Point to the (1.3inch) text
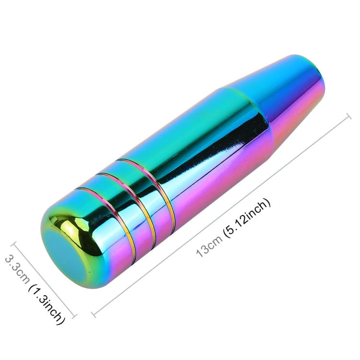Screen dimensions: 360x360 tap(46, 304)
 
